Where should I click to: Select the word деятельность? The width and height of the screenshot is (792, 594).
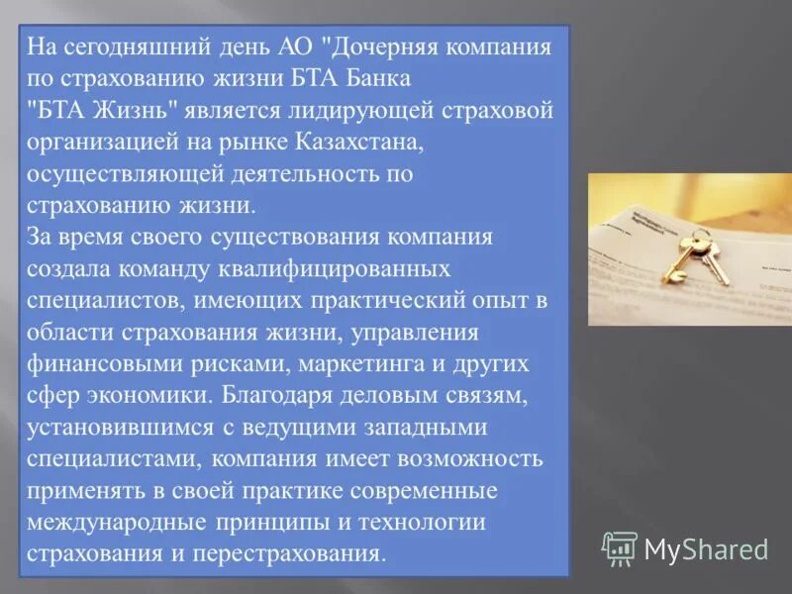(293, 174)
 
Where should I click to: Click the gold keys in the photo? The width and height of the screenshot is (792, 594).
(686, 250)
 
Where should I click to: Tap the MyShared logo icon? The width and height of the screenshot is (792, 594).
(620, 547)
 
